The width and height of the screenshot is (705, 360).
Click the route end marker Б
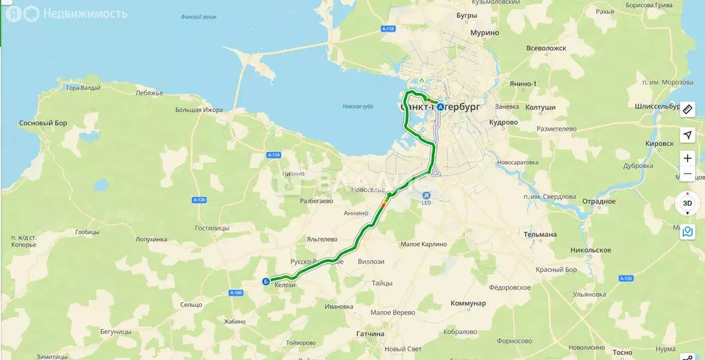(266, 281)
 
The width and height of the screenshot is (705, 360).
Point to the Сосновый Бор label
(43, 123)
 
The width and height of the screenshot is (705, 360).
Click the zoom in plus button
(687, 158)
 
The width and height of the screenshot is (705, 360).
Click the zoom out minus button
(687, 175)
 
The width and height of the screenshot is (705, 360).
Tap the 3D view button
(687, 204)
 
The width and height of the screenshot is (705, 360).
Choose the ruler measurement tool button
(687, 109)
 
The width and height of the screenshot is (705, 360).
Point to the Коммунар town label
(468, 304)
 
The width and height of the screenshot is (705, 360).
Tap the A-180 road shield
(235, 293)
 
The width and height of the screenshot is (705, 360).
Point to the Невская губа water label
(357, 107)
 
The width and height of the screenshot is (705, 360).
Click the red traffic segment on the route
(383, 204)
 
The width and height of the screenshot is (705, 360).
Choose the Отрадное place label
(598, 202)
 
